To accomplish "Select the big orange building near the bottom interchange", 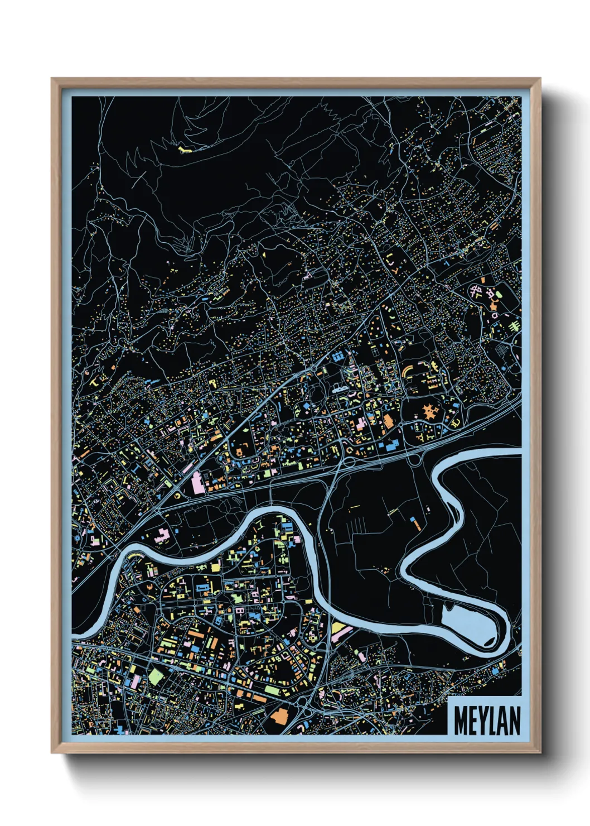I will click(x=281, y=715).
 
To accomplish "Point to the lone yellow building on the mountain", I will click(x=185, y=150).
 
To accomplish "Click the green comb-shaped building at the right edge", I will click(x=514, y=324).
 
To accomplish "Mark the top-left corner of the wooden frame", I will click(x=51, y=78).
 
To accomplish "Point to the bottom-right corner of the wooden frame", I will click(x=540, y=753).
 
